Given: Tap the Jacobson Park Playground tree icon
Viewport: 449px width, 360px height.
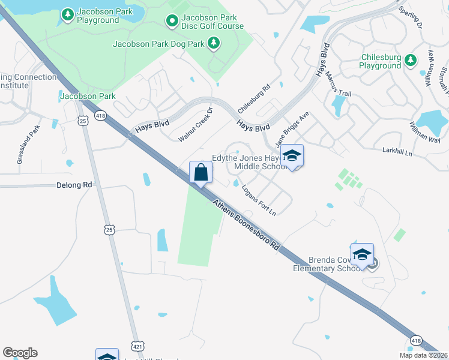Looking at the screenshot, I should click(x=68, y=13).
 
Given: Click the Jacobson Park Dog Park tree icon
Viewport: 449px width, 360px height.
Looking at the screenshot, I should click(x=213, y=43).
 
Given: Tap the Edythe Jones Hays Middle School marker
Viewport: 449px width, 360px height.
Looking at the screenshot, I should click(x=292, y=156).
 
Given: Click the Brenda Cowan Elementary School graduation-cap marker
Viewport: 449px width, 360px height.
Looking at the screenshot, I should click(x=363, y=254).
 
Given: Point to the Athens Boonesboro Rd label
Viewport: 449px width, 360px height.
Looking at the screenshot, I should click(x=247, y=225).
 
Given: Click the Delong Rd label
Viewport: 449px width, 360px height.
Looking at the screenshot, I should click(x=74, y=185).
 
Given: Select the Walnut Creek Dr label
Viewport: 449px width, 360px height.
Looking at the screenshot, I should click(x=196, y=125).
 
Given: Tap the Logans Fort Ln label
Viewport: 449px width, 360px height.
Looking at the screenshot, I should click(x=259, y=200).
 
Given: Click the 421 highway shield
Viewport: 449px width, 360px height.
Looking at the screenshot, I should click(x=138, y=347).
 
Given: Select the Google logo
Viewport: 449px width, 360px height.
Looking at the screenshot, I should click(x=20, y=353).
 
